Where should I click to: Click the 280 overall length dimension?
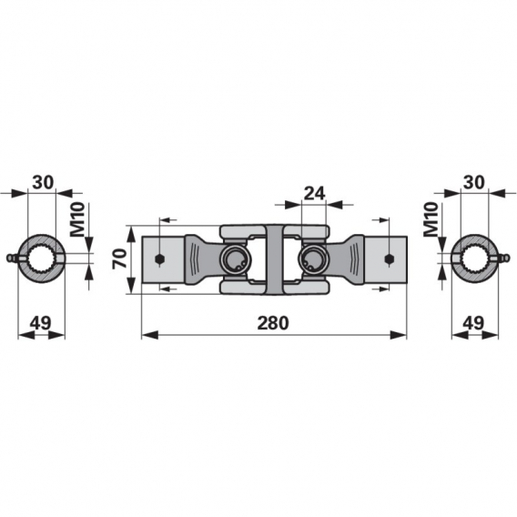(x=273, y=323)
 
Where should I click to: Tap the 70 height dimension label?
(x=119, y=258)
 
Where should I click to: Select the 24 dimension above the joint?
(x=314, y=194)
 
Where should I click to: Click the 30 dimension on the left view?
(x=43, y=182)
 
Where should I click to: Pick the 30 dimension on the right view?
(x=474, y=182)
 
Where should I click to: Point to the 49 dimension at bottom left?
(x=41, y=323)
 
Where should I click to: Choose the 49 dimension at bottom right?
(x=473, y=323)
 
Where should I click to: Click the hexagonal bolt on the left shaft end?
(x=160, y=259)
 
